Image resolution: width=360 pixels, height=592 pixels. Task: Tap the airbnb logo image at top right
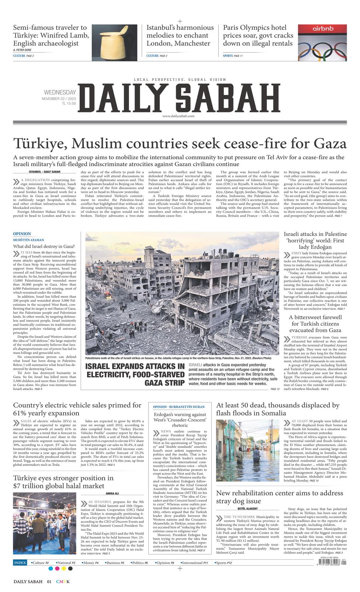pos(322,42)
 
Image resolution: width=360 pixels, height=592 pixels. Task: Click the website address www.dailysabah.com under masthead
pos(178,116)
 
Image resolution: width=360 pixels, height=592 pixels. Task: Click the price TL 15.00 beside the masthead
pos(69,104)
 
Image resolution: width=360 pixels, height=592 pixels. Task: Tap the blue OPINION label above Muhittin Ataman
pos(22,234)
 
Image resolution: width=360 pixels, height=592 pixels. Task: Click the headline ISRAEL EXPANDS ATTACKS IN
pos(135,366)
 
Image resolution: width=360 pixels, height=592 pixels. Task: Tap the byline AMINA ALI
pos(112,493)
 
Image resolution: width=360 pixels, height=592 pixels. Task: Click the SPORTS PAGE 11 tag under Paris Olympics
pos(233,56)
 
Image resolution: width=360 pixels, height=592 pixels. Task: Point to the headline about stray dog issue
pos(279,497)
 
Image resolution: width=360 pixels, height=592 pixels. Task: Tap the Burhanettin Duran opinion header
pos(179,407)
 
